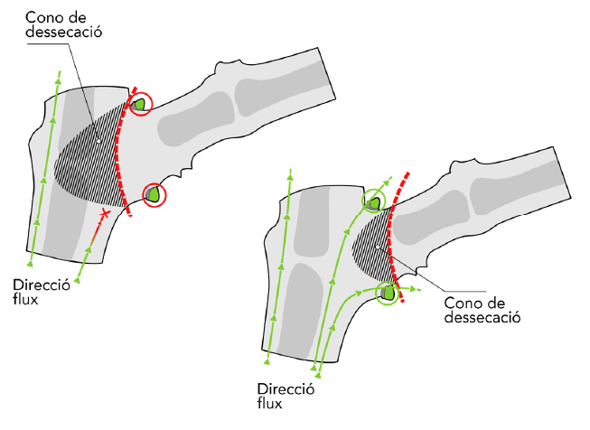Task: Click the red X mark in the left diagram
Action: point(105,214)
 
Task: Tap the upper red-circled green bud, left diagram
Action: point(139,104)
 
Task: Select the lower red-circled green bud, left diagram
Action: point(154,194)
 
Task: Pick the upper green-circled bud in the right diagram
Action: point(374,204)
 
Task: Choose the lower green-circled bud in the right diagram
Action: point(388,293)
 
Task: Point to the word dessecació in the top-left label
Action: point(63,32)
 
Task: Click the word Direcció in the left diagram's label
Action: point(42,285)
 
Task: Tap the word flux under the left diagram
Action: point(25,299)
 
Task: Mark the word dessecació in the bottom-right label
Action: point(482,317)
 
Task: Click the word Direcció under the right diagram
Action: point(286,388)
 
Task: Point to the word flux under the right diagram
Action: point(269,403)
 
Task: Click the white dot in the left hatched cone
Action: point(98,141)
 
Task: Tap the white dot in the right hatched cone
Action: point(378,248)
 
